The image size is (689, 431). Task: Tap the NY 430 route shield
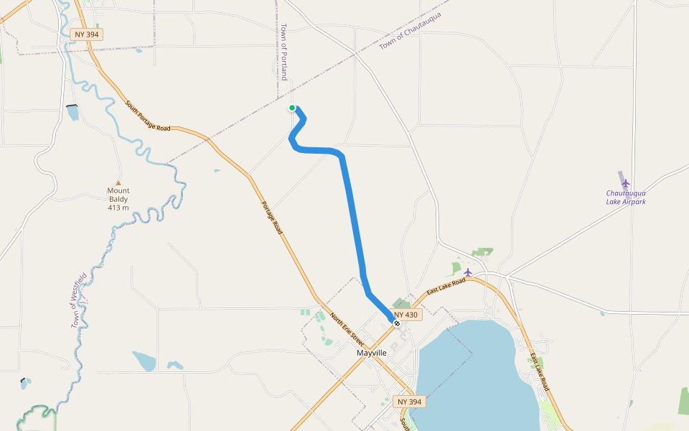[406, 315]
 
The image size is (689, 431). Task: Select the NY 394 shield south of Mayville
[409, 402]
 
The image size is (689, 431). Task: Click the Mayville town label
[372, 353]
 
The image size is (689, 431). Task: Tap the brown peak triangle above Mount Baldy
[118, 183]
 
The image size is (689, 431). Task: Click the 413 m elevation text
[118, 208]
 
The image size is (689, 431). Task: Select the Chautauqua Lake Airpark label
[626, 198]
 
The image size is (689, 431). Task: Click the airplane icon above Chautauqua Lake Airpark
[626, 182]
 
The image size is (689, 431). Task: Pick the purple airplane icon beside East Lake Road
[468, 272]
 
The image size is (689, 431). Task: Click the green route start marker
[292, 108]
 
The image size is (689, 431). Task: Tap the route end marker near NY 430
[396, 323]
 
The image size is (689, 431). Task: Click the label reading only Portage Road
[272, 218]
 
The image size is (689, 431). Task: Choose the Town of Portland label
[284, 51]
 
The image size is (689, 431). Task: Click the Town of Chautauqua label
[411, 30]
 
